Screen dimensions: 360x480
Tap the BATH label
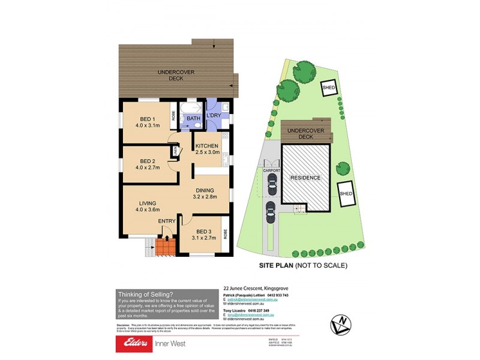(193, 119)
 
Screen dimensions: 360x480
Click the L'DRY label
(214, 116)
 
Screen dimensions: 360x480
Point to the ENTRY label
(167, 221)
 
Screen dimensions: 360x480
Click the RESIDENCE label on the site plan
(305, 178)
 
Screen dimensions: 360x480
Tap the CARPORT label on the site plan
(272, 171)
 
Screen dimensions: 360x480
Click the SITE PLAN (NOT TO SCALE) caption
(303, 265)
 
